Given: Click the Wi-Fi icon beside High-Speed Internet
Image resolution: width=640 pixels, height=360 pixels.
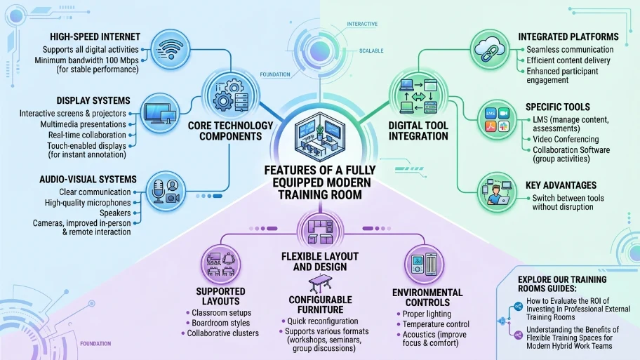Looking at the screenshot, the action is pyautogui.click(x=171, y=50).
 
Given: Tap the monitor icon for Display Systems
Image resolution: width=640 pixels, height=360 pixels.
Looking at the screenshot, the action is pyautogui.click(x=160, y=113).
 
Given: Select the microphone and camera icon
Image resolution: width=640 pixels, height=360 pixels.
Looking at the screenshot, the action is pyautogui.click(x=166, y=192).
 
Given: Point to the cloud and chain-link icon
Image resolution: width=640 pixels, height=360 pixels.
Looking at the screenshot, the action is pyautogui.click(x=490, y=50).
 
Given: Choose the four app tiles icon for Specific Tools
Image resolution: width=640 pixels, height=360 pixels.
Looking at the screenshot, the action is pyautogui.click(x=497, y=120).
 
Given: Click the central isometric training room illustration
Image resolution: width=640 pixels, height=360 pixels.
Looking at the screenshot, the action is pyautogui.click(x=320, y=137).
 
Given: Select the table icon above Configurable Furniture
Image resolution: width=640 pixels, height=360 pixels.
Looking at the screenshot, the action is pyautogui.click(x=321, y=284).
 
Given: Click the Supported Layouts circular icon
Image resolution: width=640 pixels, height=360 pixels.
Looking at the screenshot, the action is pyautogui.click(x=221, y=265).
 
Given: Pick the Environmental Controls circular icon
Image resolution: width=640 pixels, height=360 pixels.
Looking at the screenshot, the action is pyautogui.click(x=424, y=265).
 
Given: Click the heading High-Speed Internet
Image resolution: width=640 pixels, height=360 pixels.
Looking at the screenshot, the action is pyautogui.click(x=95, y=36).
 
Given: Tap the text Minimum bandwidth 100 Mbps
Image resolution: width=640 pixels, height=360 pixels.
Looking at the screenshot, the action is pyautogui.click(x=86, y=60).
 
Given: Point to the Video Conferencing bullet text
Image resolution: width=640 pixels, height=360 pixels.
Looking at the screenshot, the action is pyautogui.click(x=566, y=139).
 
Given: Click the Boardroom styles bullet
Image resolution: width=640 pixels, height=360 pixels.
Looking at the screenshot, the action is pyautogui.click(x=221, y=323).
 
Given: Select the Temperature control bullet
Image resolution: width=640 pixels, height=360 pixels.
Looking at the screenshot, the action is pyautogui.click(x=436, y=324).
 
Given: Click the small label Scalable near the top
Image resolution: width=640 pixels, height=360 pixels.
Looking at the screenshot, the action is pyautogui.click(x=371, y=51).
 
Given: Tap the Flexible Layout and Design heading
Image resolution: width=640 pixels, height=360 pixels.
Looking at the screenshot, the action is pyautogui.click(x=320, y=262).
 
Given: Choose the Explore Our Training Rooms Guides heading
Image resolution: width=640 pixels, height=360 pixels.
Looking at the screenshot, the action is pyautogui.click(x=562, y=284).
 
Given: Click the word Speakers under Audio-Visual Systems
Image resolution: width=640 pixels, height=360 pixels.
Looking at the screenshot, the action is pyautogui.click(x=115, y=213).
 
